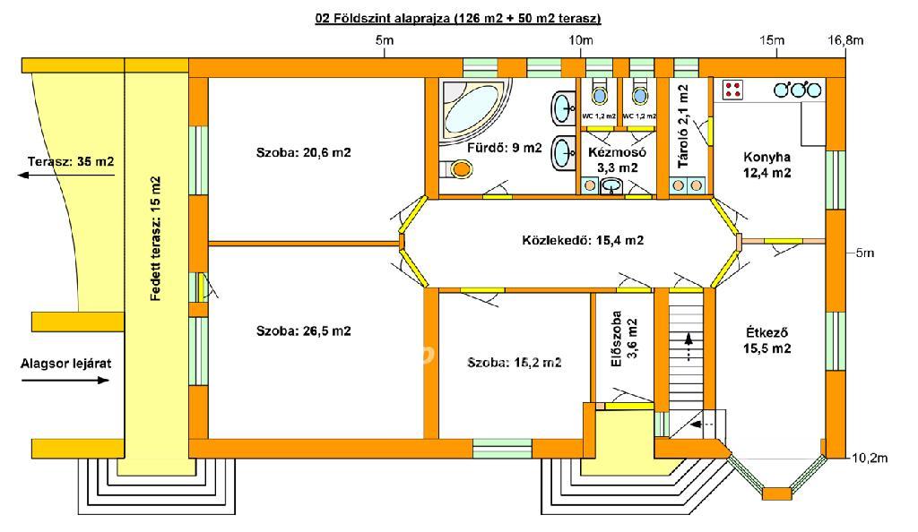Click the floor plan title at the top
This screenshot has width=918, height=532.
pos(458,18)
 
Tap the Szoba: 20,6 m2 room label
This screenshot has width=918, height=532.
pos(303,152)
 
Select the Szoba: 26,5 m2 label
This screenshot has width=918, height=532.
pos(303,330)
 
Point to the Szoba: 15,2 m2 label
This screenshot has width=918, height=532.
pos(514,363)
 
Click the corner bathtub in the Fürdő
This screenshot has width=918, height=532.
pos(473,108)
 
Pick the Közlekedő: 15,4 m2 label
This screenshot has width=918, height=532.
pos(583,240)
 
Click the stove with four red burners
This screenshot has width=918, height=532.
pos(733,90)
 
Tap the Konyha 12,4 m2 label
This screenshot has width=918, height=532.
pos(767,165)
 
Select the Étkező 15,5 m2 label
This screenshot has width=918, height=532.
pos(767,340)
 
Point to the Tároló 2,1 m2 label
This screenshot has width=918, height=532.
pos(683,126)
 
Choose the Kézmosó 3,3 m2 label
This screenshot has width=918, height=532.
pos(617,160)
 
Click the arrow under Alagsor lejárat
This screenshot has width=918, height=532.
pos(65,381)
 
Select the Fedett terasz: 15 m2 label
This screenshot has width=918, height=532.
pos(155,238)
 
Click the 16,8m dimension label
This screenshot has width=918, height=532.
pos(845,40)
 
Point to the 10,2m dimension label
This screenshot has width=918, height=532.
pos(870,458)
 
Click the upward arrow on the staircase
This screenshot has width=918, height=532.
pos(688,346)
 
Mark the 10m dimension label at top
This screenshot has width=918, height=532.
pos(580,40)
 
